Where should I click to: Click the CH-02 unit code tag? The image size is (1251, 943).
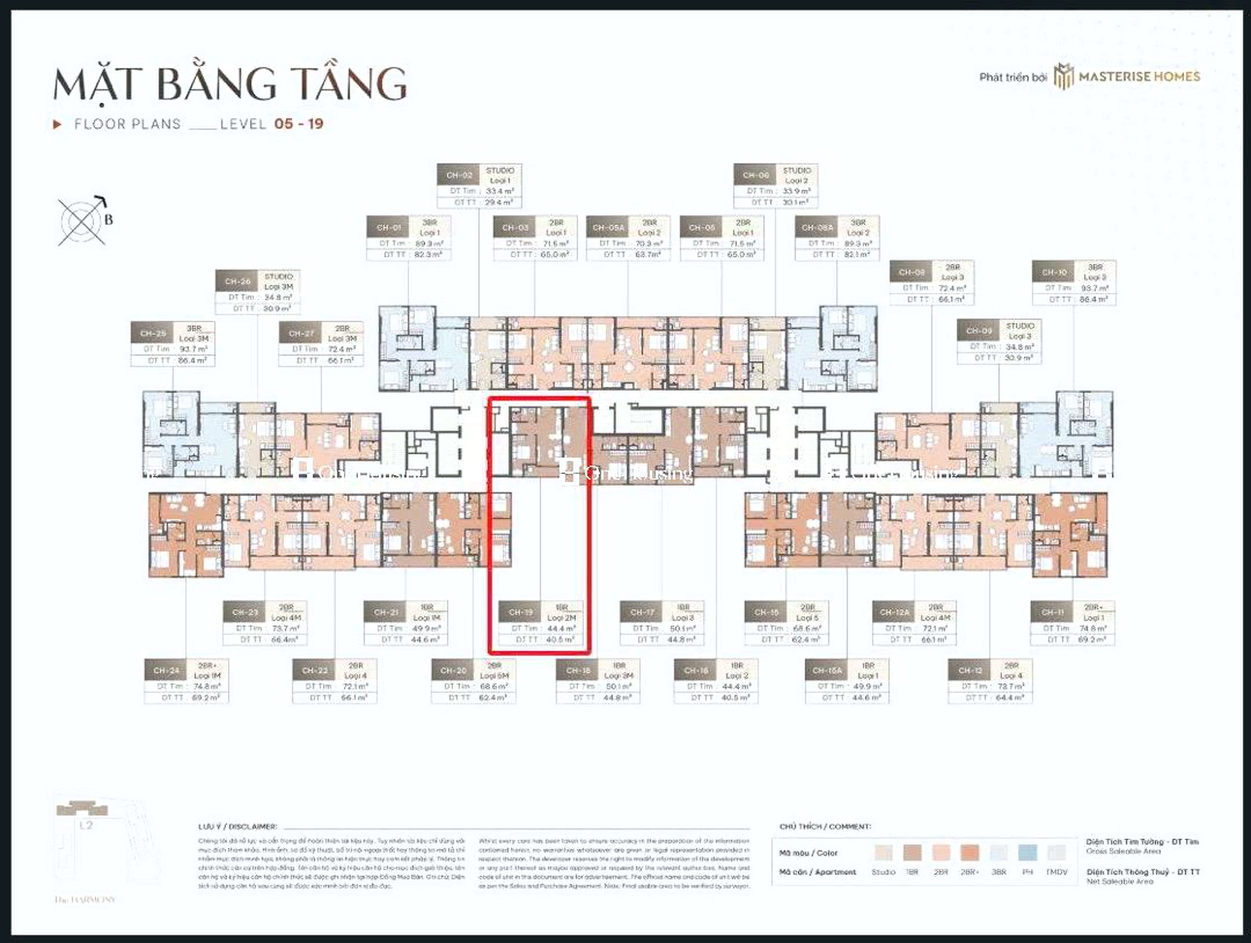(459, 175)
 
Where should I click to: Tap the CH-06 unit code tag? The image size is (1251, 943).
(755, 175)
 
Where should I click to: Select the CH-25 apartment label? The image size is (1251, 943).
(153, 333)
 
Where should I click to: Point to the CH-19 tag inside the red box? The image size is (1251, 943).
(521, 612)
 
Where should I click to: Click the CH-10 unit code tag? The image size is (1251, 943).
(1054, 272)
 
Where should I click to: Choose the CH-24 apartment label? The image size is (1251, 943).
(166, 670)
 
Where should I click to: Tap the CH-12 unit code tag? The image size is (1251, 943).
(970, 670)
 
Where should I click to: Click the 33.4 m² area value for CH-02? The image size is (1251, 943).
(499, 191)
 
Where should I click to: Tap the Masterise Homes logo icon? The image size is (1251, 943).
(1063, 77)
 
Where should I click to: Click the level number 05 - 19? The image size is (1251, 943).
(299, 124)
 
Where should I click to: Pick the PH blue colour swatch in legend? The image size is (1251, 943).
(1027, 852)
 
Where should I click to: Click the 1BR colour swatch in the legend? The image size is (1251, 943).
(912, 852)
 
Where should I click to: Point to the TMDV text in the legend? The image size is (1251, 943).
(1056, 872)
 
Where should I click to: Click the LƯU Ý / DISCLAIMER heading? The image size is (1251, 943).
(238, 826)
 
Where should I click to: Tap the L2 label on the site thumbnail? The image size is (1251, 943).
(86, 825)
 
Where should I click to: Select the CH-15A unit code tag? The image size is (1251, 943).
(827, 670)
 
